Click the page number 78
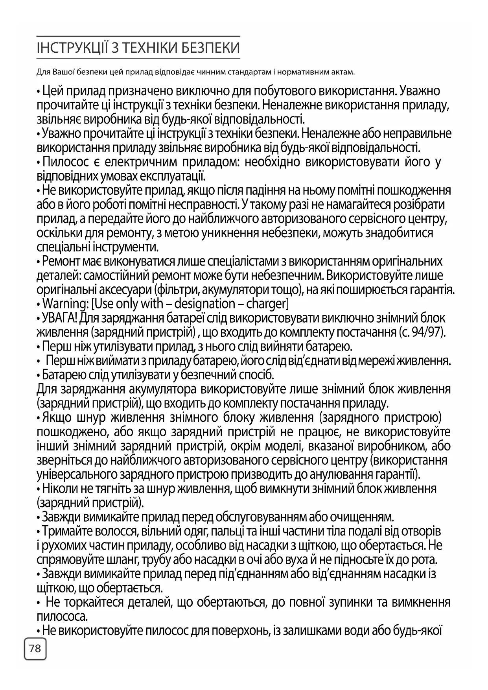35,648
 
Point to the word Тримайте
66,531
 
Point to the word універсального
70,474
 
